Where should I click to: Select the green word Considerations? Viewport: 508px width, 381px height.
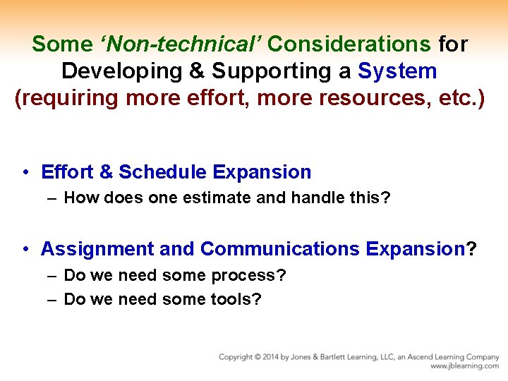point(349,44)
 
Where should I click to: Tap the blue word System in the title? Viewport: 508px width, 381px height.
point(397,71)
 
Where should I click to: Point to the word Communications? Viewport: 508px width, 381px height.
point(279,249)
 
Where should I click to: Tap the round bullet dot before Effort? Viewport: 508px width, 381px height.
point(25,173)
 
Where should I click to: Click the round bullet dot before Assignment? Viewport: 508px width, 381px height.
point(25,250)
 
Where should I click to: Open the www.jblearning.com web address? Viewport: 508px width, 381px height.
point(464,366)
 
